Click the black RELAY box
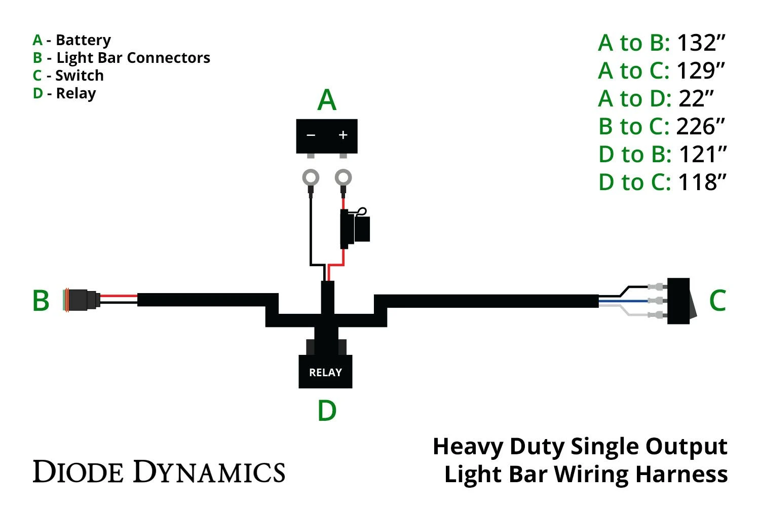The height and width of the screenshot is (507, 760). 325,372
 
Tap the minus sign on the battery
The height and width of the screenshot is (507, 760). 311,135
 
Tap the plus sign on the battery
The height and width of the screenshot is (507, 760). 343,135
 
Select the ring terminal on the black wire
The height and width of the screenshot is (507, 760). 311,178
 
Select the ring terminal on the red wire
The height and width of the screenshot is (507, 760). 344,178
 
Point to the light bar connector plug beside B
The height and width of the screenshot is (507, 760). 81,301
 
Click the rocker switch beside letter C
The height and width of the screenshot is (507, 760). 679,301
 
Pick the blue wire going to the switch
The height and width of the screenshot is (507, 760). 623,301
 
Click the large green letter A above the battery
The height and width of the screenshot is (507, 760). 327,100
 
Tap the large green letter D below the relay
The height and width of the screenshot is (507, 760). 327,411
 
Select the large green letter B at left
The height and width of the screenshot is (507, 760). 41,301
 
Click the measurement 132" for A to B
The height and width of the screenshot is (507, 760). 701,43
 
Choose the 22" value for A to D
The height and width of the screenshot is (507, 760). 696,99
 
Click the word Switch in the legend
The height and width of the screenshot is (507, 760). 80,76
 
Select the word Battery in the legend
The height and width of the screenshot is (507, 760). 83,40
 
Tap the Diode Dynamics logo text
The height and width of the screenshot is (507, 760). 159,472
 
